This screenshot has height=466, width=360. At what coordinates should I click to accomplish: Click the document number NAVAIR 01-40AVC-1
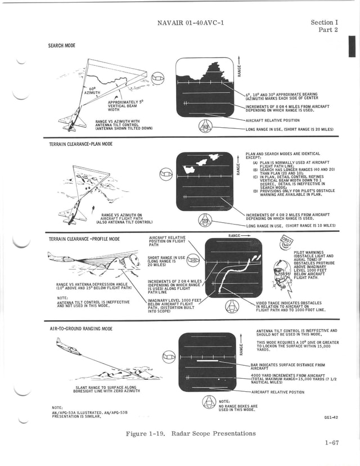pyautogui.click(x=184, y=23)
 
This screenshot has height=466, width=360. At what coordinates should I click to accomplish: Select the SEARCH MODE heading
pyautogui.click(x=62, y=46)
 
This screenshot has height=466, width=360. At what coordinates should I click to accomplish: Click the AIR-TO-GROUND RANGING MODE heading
pyautogui.click(x=81, y=328)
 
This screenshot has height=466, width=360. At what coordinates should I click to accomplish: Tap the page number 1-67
pyautogui.click(x=331, y=443)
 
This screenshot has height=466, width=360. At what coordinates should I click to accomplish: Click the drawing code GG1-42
pyautogui.click(x=331, y=418)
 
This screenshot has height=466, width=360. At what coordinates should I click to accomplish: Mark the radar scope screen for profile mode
pyautogui.click(x=233, y=268)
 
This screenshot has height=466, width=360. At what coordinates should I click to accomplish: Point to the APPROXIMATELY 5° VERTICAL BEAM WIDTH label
pyautogui.click(x=125, y=105)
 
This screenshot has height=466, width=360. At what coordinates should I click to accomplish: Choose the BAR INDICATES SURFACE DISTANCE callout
pyautogui.click(x=287, y=367)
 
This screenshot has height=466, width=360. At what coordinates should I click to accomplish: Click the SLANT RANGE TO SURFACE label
pyautogui.click(x=107, y=389)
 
